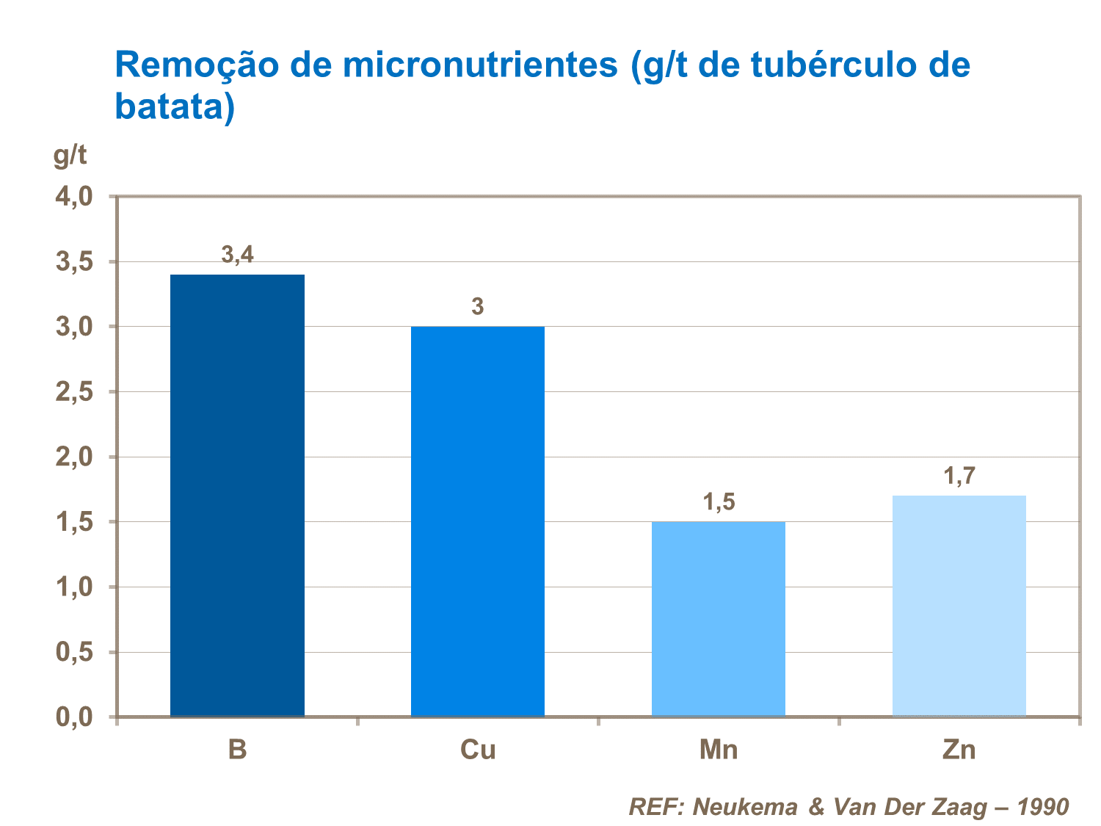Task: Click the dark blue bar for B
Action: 237,496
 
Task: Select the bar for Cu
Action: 478,521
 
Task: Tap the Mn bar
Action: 719,619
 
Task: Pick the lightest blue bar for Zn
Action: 959,606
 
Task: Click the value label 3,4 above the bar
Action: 237,255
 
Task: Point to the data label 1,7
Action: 959,477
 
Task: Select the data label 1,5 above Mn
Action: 719,502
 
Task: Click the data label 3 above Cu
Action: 478,306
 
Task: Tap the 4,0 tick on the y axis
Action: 73,197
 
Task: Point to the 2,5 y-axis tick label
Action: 73,392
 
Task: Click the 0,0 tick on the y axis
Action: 73,717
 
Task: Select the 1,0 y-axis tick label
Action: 73,587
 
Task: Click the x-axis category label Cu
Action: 478,750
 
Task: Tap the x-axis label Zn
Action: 959,750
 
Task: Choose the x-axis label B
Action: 237,750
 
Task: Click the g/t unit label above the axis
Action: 70,156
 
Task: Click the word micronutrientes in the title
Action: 481,65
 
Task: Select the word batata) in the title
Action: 175,107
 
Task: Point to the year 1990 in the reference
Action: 1043,808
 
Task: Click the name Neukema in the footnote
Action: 745,808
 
